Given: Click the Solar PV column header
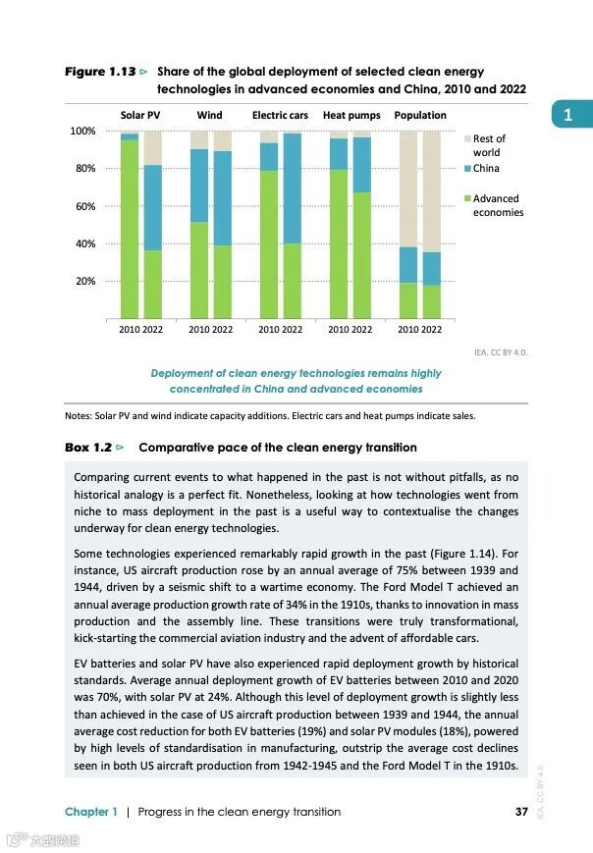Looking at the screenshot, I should point(139,115).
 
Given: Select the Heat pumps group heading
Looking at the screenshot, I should point(350,115).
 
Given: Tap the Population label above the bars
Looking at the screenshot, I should point(420,115).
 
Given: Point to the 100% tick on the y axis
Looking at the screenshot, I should point(82,131).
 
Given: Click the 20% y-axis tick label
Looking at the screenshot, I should point(85,282).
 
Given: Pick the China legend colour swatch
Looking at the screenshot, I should point(466,168).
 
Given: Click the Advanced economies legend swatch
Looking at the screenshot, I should point(466,198).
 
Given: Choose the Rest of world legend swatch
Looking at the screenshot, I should point(466,139).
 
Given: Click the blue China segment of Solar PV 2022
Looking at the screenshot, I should point(153,207).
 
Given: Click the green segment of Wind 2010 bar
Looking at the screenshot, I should point(198,270).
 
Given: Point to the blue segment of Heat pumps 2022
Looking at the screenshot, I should point(362,165).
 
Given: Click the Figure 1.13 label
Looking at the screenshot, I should point(99,72).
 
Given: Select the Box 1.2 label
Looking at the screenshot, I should point(89,448).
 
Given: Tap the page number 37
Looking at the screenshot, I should point(521,812).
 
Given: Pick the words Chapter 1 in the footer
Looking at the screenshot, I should point(91,812).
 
